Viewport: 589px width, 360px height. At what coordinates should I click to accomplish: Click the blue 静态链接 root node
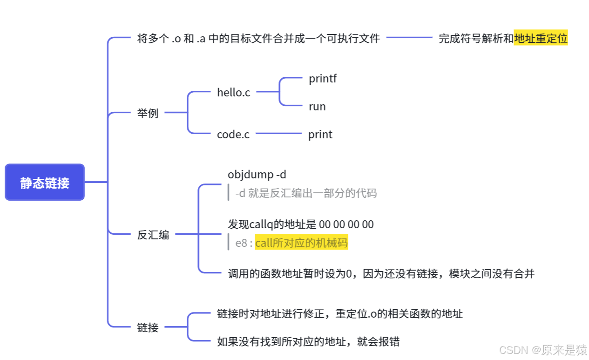[45, 182]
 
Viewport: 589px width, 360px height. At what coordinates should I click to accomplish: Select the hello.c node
[233, 92]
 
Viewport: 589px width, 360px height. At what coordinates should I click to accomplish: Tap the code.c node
[233, 135]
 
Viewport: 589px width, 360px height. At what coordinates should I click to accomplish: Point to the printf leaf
[322, 79]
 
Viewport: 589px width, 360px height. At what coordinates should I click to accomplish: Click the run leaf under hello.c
[317, 107]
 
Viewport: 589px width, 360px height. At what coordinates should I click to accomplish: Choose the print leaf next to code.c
[320, 135]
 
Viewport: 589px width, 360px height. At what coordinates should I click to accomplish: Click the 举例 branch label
[148, 113]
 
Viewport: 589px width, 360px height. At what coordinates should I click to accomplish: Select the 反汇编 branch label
[153, 235]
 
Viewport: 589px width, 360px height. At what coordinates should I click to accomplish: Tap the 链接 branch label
[148, 327]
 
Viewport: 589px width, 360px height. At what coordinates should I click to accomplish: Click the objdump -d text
[257, 175]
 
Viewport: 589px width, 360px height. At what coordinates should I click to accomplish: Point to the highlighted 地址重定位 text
[541, 39]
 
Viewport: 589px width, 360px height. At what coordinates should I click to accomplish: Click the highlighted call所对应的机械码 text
[301, 243]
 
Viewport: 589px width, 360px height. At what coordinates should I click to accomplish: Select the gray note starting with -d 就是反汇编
[306, 193]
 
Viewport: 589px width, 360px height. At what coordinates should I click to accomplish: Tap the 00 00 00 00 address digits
[346, 224]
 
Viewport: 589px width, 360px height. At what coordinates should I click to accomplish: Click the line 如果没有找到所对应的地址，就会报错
[308, 342]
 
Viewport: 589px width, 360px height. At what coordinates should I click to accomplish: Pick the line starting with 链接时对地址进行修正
[339, 313]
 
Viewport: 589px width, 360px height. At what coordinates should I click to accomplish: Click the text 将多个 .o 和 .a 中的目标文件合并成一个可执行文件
[258, 39]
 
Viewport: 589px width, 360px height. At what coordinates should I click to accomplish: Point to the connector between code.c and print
[278, 134]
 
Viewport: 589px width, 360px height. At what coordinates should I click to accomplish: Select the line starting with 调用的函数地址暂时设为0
[380, 273]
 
